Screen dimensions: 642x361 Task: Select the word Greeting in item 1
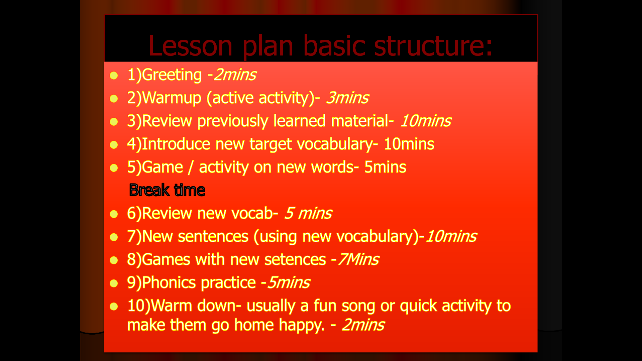[172, 75]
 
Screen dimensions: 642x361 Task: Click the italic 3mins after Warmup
[347, 98]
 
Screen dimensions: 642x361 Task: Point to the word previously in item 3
[233, 121]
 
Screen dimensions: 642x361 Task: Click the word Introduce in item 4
[176, 144]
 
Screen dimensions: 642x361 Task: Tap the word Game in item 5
[163, 167]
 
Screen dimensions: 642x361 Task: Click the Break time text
[167, 190]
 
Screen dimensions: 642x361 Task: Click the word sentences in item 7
[213, 237]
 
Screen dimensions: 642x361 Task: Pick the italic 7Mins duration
[358, 259]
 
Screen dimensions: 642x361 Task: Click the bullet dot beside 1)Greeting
[114, 76]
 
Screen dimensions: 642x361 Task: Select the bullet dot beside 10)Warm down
[114, 307]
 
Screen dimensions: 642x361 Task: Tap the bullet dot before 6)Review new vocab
[114, 214]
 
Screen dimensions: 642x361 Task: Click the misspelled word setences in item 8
[295, 260]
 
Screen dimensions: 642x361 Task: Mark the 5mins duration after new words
[385, 167]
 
